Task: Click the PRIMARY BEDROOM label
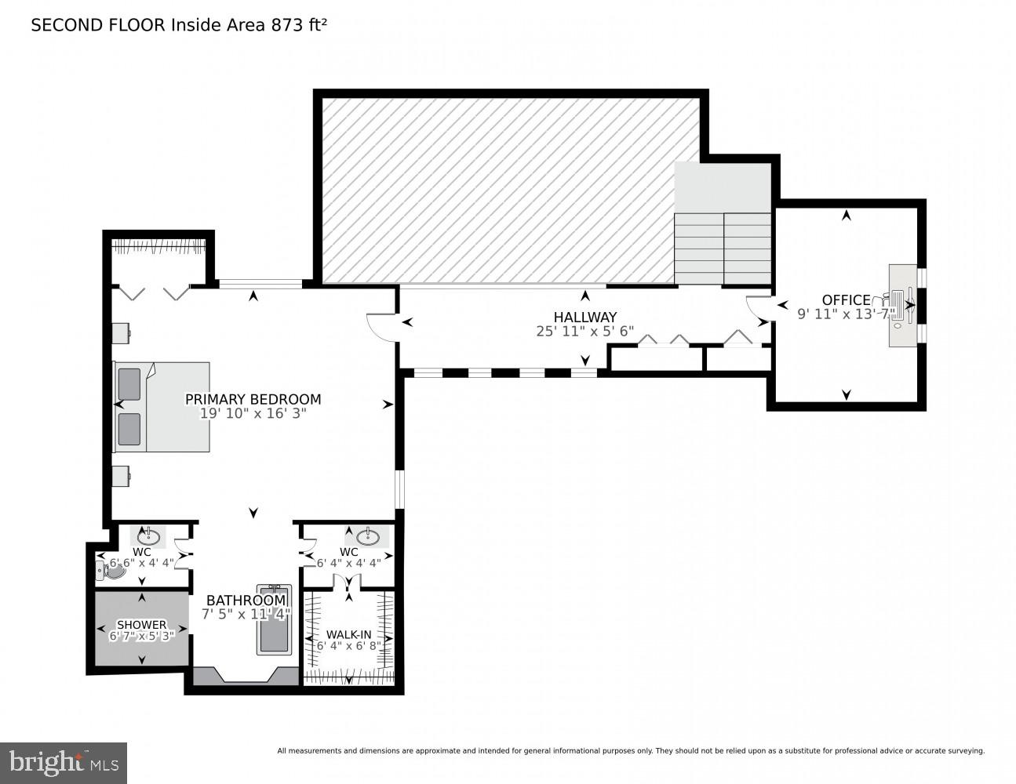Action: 253,399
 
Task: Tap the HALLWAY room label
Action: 584,317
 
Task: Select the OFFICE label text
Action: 846,299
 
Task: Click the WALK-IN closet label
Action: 348,634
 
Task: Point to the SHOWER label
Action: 141,625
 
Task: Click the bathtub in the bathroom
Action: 274,619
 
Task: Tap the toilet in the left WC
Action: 111,572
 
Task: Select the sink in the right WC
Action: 368,537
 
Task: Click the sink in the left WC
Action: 148,537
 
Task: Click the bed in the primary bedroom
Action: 163,407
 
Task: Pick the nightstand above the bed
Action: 120,333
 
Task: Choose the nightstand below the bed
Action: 120,476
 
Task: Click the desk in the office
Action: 902,305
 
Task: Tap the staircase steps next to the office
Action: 723,248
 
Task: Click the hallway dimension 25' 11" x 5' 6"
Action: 584,332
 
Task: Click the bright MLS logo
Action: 64,762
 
